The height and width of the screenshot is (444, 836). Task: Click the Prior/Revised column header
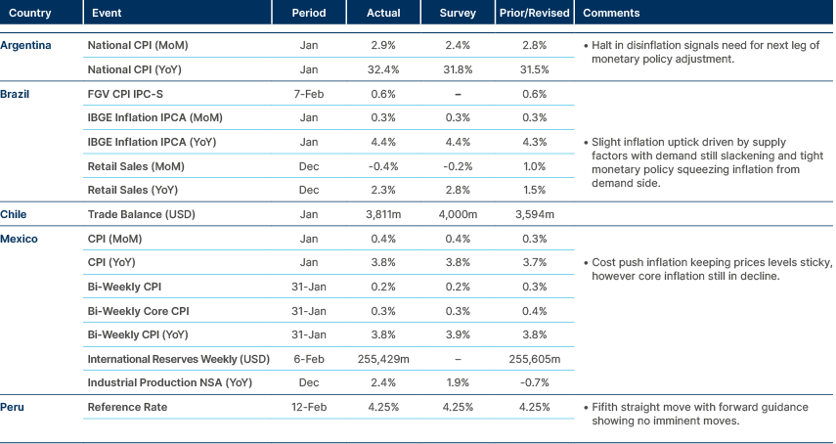pos(528,13)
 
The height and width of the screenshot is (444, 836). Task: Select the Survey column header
pos(459,13)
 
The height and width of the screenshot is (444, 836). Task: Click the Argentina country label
pos(26,46)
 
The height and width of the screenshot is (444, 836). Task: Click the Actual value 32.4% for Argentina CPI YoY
pos(382,70)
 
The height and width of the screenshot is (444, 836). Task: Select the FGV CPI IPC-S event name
pos(125,94)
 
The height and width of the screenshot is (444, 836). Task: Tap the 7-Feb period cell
pos(308,94)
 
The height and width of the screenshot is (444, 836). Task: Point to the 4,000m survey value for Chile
pos(459,214)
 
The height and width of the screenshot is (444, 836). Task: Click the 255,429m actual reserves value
pos(382,358)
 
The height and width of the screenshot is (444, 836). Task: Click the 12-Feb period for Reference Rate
pos(308,406)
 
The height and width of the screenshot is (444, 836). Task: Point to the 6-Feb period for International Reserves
pos(308,358)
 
